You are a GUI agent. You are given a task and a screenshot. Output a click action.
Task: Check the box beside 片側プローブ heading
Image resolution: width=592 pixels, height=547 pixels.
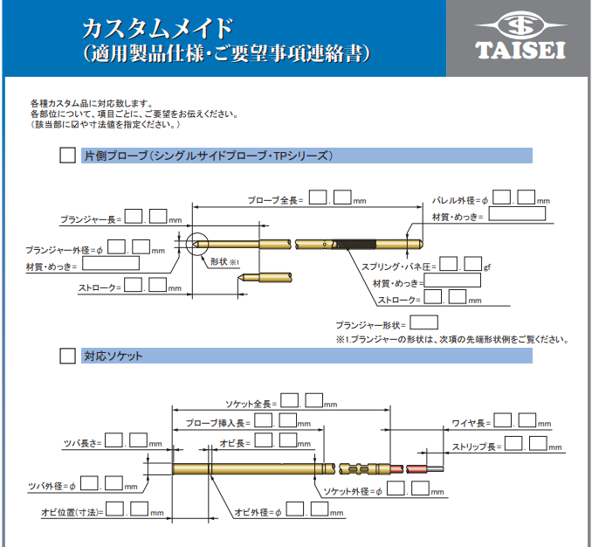(67, 156)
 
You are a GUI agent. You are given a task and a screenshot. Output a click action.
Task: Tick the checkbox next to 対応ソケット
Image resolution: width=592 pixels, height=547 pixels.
(67, 357)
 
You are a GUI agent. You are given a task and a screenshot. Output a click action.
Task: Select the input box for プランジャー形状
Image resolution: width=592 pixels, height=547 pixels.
(424, 322)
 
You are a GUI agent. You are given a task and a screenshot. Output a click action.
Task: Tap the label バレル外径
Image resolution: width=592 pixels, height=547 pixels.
(459, 200)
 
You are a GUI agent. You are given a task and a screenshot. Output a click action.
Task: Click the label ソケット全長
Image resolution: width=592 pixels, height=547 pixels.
(251, 404)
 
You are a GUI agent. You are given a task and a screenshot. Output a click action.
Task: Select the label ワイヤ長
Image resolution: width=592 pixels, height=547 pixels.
(468, 424)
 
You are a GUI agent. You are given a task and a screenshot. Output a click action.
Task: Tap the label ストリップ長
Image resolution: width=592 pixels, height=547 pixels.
(476, 447)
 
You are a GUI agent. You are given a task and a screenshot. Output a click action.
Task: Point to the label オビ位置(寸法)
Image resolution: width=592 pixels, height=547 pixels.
(72, 512)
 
